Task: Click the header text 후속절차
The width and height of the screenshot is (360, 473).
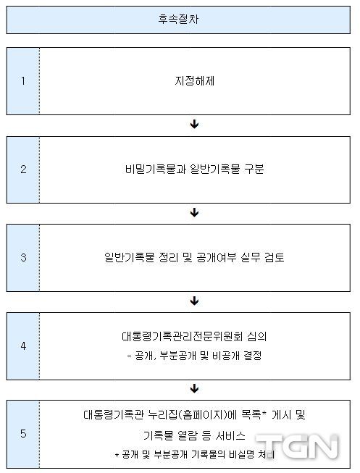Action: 178,20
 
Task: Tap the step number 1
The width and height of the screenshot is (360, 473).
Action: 23,81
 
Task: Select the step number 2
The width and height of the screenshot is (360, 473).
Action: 23,169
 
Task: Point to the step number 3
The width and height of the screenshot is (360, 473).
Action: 23,257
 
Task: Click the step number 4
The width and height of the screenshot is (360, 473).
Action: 23,346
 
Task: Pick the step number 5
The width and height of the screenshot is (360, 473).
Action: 23,434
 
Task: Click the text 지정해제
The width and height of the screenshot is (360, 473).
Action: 195,81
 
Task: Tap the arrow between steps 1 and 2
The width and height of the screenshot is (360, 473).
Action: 195,124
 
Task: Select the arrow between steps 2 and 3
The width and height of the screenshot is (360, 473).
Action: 195,212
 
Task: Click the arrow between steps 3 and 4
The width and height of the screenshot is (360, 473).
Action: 195,301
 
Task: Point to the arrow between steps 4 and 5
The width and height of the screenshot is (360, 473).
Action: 195,388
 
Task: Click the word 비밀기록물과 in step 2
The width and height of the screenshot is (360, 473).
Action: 156,169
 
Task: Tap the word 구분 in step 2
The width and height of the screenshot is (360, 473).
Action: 254,169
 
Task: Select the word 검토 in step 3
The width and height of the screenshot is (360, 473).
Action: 275,257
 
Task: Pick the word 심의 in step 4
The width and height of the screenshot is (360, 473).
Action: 257,336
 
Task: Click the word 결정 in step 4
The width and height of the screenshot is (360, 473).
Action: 253,356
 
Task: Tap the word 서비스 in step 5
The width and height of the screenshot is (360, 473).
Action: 230,435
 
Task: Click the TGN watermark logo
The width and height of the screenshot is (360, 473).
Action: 297,447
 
